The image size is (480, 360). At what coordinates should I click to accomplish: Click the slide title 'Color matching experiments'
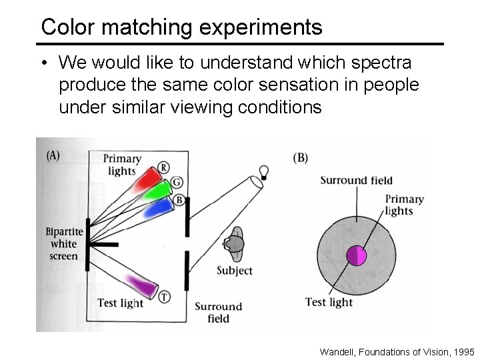181,27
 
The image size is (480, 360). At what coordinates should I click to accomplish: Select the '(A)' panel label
53,155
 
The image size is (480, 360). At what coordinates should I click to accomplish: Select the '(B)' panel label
300,158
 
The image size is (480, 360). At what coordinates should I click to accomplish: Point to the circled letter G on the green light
176,182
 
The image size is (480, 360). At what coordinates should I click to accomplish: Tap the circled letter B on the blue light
179,199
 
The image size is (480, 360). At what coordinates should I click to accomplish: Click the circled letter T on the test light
163,297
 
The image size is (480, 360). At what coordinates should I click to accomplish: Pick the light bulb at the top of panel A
264,172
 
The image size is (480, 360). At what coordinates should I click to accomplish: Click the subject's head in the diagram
235,244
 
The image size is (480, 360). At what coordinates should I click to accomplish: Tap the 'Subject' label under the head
235,271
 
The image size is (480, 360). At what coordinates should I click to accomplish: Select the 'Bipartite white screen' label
64,244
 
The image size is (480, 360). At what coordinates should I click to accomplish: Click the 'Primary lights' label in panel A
121,164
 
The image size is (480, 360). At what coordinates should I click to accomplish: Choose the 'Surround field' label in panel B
356,180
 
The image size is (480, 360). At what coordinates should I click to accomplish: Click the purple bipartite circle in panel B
356,256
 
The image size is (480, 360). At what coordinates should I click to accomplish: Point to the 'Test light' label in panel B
329,302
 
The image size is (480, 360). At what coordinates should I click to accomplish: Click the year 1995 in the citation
464,351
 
